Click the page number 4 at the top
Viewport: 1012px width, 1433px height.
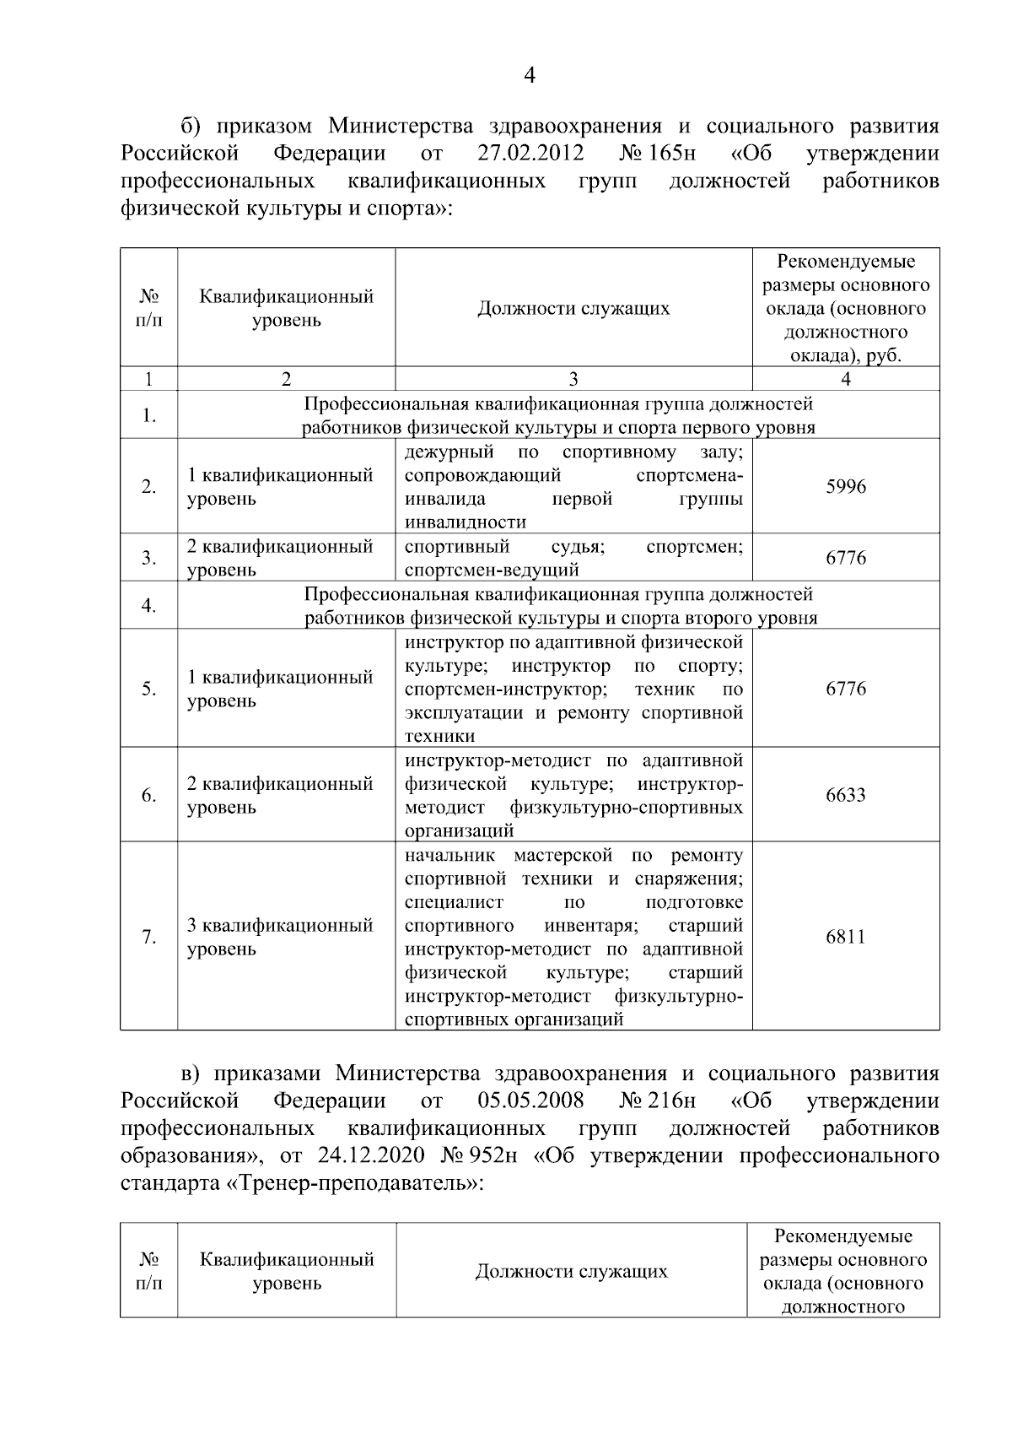529,76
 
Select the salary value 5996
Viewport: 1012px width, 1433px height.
845,487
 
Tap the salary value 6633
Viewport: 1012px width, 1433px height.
845,795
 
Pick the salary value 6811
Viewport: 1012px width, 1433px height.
845,937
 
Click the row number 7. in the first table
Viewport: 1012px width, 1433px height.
148,937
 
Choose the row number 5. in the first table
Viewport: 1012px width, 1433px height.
148,689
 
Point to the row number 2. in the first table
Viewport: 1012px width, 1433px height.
148,487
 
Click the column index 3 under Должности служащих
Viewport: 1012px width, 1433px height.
573,379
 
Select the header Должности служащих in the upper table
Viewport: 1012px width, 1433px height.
573,308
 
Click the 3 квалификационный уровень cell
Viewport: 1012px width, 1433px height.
279,937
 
